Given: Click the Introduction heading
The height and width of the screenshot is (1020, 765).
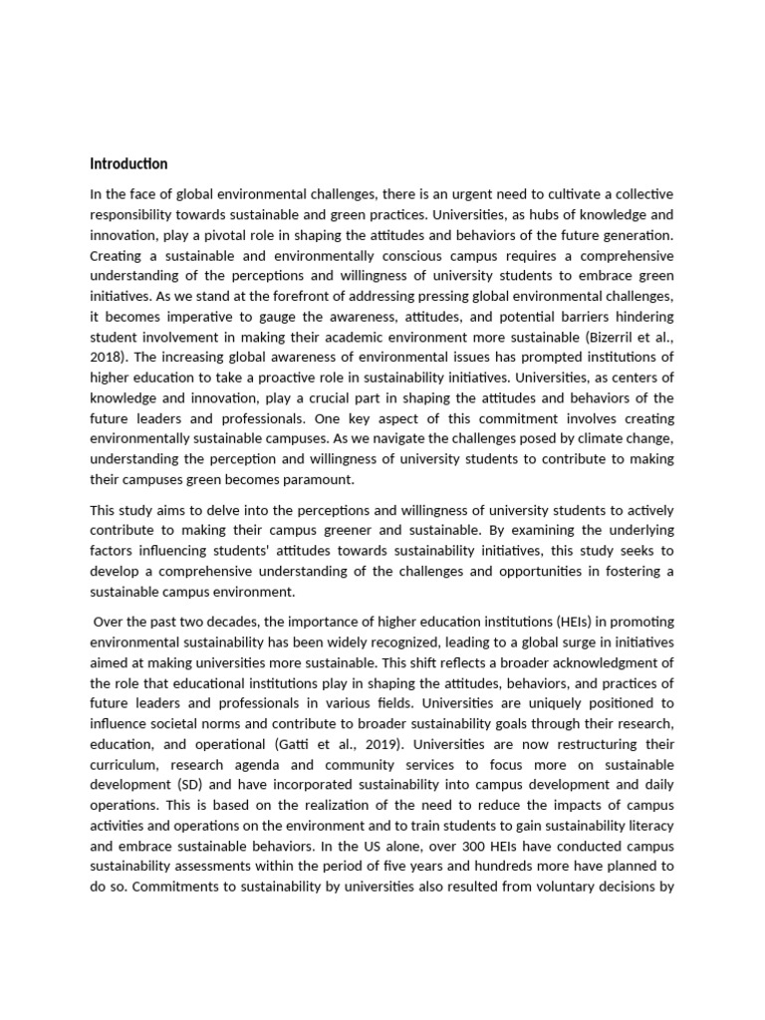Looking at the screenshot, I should point(128,163).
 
